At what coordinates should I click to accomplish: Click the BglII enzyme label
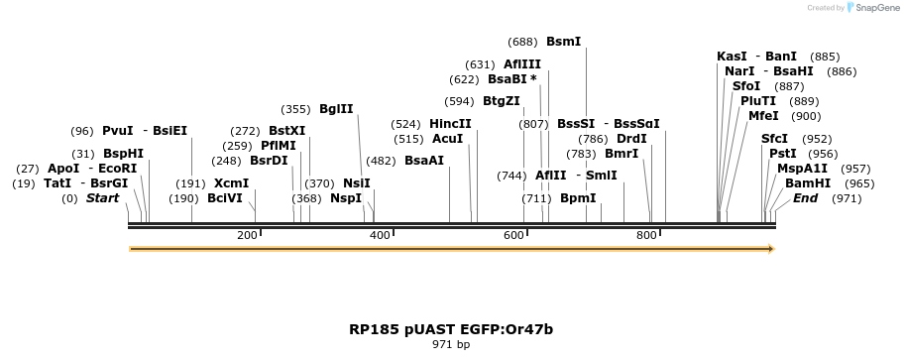336,109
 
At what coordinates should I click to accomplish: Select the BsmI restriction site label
563,42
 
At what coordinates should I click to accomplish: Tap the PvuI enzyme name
117,131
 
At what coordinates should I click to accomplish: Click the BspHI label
124,154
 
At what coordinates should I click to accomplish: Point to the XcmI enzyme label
231,183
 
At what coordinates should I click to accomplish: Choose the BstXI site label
287,131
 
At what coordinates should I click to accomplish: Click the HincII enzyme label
450,124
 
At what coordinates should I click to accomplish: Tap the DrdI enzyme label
631,139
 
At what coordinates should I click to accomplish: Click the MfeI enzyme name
763,116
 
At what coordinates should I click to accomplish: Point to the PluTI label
758,101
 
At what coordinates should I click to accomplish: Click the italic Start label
102,198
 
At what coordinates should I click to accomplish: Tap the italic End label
805,198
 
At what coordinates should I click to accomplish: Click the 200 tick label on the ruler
247,235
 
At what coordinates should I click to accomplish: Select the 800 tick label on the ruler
646,235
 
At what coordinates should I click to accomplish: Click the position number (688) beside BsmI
522,42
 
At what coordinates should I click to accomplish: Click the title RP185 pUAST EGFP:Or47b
451,328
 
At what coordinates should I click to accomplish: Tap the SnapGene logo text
876,8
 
